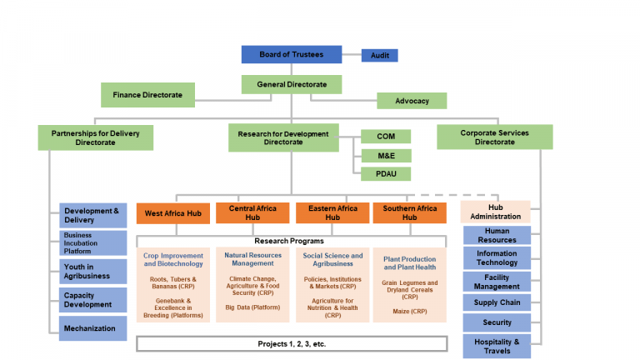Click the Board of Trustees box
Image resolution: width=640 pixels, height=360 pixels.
pos(291,54)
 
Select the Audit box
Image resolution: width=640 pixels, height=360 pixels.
pos(379,56)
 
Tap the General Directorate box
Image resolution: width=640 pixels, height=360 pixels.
pos(291,84)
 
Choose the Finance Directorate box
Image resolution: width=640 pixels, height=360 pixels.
pos(147,95)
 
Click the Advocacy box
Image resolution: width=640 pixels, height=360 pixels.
pos(411,101)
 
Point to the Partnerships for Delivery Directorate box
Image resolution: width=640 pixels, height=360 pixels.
pos(95,137)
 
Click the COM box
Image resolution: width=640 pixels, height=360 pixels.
pos(386,136)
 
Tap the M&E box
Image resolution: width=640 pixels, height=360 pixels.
pos(386,155)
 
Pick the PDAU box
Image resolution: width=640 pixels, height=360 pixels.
pos(386,174)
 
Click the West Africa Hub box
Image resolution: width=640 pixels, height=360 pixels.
pos(172,213)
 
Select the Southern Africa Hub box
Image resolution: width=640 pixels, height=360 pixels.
pos(409,212)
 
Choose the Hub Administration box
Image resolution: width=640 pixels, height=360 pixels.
pos(495,212)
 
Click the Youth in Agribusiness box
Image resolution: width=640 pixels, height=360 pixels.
pos(93,271)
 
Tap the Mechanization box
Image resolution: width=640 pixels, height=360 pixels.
pos(93,327)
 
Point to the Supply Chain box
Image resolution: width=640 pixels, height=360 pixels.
pos(497,302)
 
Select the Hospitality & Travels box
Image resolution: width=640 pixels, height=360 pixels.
pos(497,346)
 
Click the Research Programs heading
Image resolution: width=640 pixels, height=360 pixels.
pos(291,240)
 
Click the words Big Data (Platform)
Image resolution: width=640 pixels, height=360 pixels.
pos(252,307)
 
